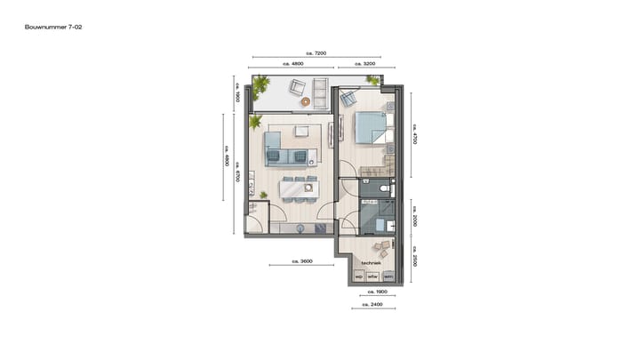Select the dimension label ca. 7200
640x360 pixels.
[x=315, y=54]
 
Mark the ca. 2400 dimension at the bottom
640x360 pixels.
[x=373, y=305]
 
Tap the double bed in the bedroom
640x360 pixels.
[x=372, y=130]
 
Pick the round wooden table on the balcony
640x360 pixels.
[x=307, y=101]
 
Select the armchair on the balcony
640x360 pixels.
[x=297, y=88]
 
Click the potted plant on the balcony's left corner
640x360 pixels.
[x=260, y=85]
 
